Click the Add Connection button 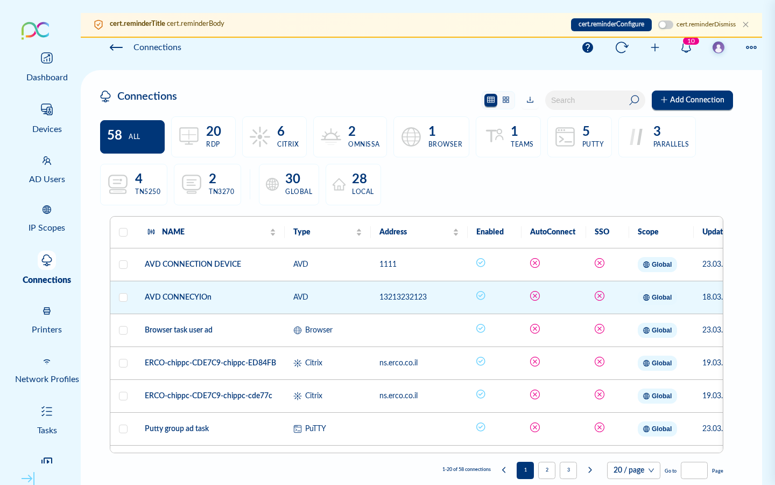[x=692, y=100]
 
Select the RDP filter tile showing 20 [x=203, y=137]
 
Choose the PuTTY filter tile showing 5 [x=579, y=137]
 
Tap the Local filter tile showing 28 [x=353, y=184]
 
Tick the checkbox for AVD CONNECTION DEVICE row [x=123, y=265]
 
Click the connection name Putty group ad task [x=177, y=428]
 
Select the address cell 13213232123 [x=403, y=297]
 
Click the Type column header [x=302, y=232]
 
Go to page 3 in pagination [x=568, y=470]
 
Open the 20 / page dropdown [x=633, y=470]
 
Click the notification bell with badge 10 [x=686, y=47]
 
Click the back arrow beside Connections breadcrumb [x=116, y=47]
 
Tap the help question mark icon [x=588, y=47]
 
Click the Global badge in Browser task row [x=657, y=330]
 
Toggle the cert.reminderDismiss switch [x=665, y=25]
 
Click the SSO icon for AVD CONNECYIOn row [x=600, y=296]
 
